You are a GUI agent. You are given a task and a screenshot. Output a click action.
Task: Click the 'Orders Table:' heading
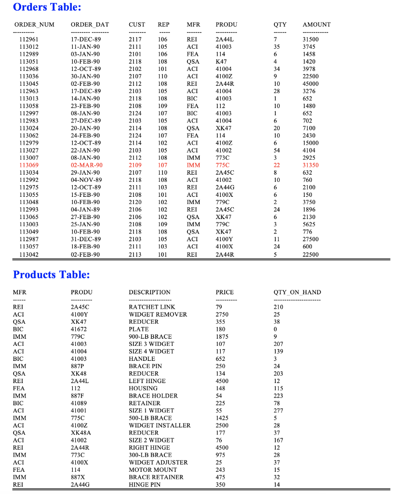point(47,7)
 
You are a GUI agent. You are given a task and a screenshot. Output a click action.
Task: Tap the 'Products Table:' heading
point(52,274)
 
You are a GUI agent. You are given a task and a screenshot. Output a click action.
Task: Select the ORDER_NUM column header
point(34,25)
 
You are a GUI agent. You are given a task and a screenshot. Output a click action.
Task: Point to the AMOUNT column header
point(316,25)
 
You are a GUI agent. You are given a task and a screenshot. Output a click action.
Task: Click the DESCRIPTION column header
point(149,292)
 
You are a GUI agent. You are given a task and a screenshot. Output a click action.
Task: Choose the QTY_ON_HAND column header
point(297,292)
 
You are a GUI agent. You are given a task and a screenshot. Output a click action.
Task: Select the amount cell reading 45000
point(310,84)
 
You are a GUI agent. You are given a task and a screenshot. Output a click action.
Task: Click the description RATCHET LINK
point(152,307)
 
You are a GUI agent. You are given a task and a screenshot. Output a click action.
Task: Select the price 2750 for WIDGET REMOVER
point(222,315)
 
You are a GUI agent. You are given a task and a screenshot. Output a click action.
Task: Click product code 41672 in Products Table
point(79,329)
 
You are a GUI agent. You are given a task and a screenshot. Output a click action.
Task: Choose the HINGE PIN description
point(145,484)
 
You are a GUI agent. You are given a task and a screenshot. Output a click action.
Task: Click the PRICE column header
point(225,292)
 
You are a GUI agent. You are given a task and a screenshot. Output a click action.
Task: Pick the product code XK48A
point(80,433)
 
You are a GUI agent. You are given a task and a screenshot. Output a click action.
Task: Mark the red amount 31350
point(310,165)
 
